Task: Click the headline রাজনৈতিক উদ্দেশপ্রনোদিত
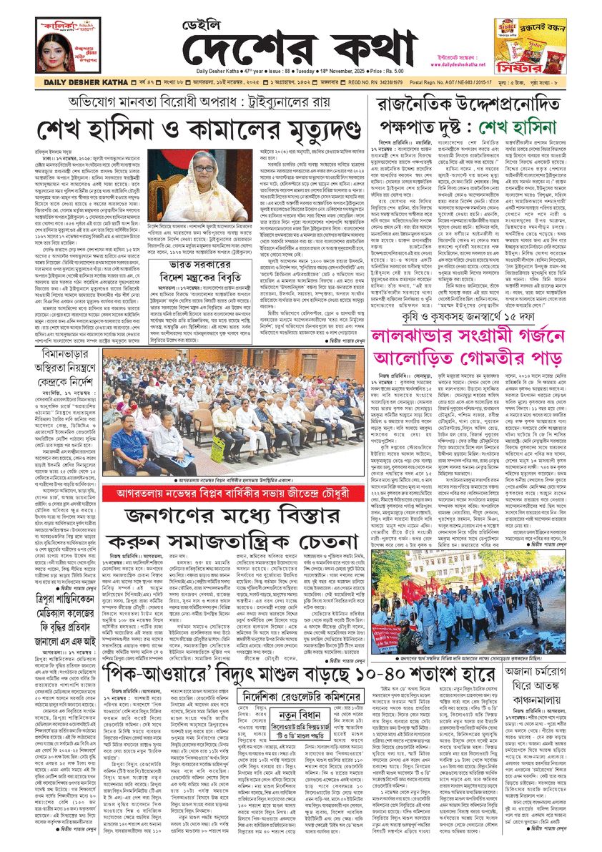point(474,104)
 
